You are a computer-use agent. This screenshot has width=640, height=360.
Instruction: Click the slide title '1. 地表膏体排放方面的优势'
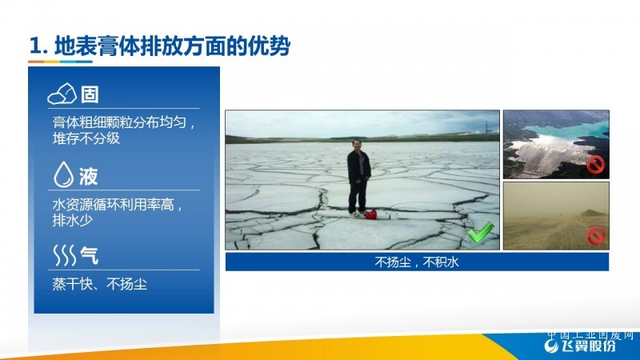click(159, 46)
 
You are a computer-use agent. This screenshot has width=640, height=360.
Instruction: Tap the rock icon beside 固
click(62, 94)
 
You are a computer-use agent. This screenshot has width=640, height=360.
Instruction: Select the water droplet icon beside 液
click(63, 174)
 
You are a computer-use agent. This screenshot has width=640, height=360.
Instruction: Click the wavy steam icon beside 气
click(65, 255)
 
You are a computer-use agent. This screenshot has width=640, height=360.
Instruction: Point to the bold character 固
click(90, 94)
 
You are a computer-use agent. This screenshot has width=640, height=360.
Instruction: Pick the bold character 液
click(88, 176)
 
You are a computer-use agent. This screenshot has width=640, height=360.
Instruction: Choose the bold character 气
click(90, 255)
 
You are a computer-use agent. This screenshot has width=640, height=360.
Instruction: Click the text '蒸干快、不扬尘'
click(99, 284)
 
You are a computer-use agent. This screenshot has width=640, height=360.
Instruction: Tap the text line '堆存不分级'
click(86, 138)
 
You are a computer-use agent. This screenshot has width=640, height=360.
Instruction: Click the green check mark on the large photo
click(481, 232)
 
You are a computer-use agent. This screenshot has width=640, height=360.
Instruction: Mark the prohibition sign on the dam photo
click(595, 166)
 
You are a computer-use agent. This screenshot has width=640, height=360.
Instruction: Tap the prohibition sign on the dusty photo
click(595, 235)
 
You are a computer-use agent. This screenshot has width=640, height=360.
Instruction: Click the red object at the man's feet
click(370, 214)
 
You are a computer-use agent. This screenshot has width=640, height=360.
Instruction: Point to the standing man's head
click(357, 145)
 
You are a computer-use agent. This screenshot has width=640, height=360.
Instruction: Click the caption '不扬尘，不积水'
click(417, 262)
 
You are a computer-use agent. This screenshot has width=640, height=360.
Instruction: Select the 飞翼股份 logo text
click(588, 346)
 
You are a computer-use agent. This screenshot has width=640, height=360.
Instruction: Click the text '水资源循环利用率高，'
click(118, 204)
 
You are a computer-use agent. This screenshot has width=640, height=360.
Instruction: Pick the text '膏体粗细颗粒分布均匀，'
click(124, 122)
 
